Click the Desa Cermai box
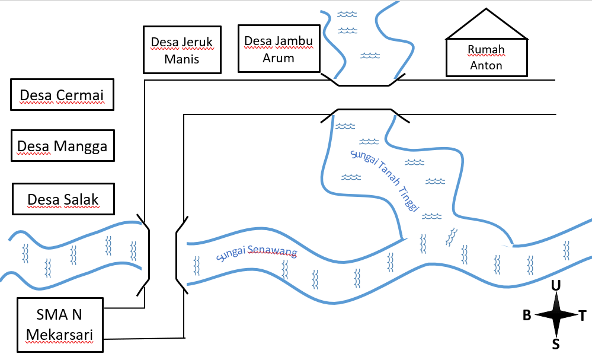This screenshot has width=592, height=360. [62, 94]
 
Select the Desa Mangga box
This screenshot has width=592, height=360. [63, 145]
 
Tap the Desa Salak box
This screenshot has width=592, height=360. [63, 199]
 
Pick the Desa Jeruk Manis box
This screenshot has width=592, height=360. [182, 50]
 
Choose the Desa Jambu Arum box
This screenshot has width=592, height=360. [279, 49]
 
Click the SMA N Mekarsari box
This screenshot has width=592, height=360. [60, 325]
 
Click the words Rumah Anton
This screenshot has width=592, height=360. [487, 58]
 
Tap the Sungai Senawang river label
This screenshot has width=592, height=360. [257, 253]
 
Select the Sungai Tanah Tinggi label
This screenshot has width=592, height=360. [385, 180]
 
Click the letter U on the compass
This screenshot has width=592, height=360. [556, 286]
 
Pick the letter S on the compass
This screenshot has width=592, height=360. [556, 344]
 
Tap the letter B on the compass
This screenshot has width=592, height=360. [527, 315]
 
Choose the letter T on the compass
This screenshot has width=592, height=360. [583, 316]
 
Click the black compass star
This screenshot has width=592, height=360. [556, 314]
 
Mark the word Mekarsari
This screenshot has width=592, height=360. [59, 334]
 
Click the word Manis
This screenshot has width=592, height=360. [181, 59]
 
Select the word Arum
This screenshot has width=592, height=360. [279, 58]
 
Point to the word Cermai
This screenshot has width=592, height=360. [79, 95]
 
